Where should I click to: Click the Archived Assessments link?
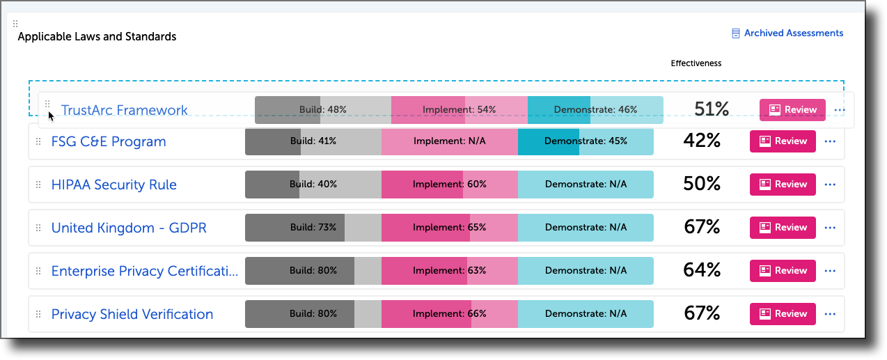(x=793, y=33)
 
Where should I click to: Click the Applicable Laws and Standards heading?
(x=97, y=37)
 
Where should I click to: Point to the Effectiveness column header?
(x=696, y=63)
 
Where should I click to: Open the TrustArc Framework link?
(x=124, y=110)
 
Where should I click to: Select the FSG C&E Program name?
(x=109, y=141)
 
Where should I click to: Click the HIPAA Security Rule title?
(x=114, y=185)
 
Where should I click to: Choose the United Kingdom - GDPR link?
(x=129, y=228)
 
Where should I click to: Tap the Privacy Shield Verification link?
(x=132, y=314)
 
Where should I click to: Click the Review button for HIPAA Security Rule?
(x=783, y=185)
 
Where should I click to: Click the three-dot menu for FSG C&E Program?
(x=829, y=141)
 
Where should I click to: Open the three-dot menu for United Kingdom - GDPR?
(x=829, y=228)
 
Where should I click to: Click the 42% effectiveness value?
(x=701, y=141)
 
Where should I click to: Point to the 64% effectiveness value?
(x=701, y=270)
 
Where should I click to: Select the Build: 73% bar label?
(x=313, y=228)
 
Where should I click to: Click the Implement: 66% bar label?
(x=449, y=314)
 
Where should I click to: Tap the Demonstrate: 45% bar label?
(x=586, y=141)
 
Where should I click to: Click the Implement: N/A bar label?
(x=449, y=141)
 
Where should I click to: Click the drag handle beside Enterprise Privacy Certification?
(x=38, y=271)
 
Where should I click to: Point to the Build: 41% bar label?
(x=313, y=141)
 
